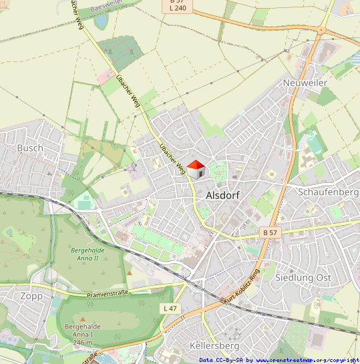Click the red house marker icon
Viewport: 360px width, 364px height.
(x=195, y=169)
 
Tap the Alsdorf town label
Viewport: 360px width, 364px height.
(x=223, y=196)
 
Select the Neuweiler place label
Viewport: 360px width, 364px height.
(x=305, y=82)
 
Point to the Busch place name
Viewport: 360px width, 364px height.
(x=30, y=148)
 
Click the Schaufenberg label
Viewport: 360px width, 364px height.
(x=328, y=192)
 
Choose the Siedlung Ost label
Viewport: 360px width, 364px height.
(x=303, y=277)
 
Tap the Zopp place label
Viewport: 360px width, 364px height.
(x=31, y=296)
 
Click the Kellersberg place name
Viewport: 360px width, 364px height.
(x=214, y=346)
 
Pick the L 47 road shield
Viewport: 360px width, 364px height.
(x=170, y=308)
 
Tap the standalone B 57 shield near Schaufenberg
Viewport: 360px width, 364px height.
(x=270, y=232)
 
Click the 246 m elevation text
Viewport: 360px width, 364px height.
(x=82, y=342)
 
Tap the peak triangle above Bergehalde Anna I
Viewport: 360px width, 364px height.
(x=83, y=319)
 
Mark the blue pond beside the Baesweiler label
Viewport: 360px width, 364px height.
(x=102, y=21)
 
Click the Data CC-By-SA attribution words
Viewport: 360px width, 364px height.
(x=221, y=360)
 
